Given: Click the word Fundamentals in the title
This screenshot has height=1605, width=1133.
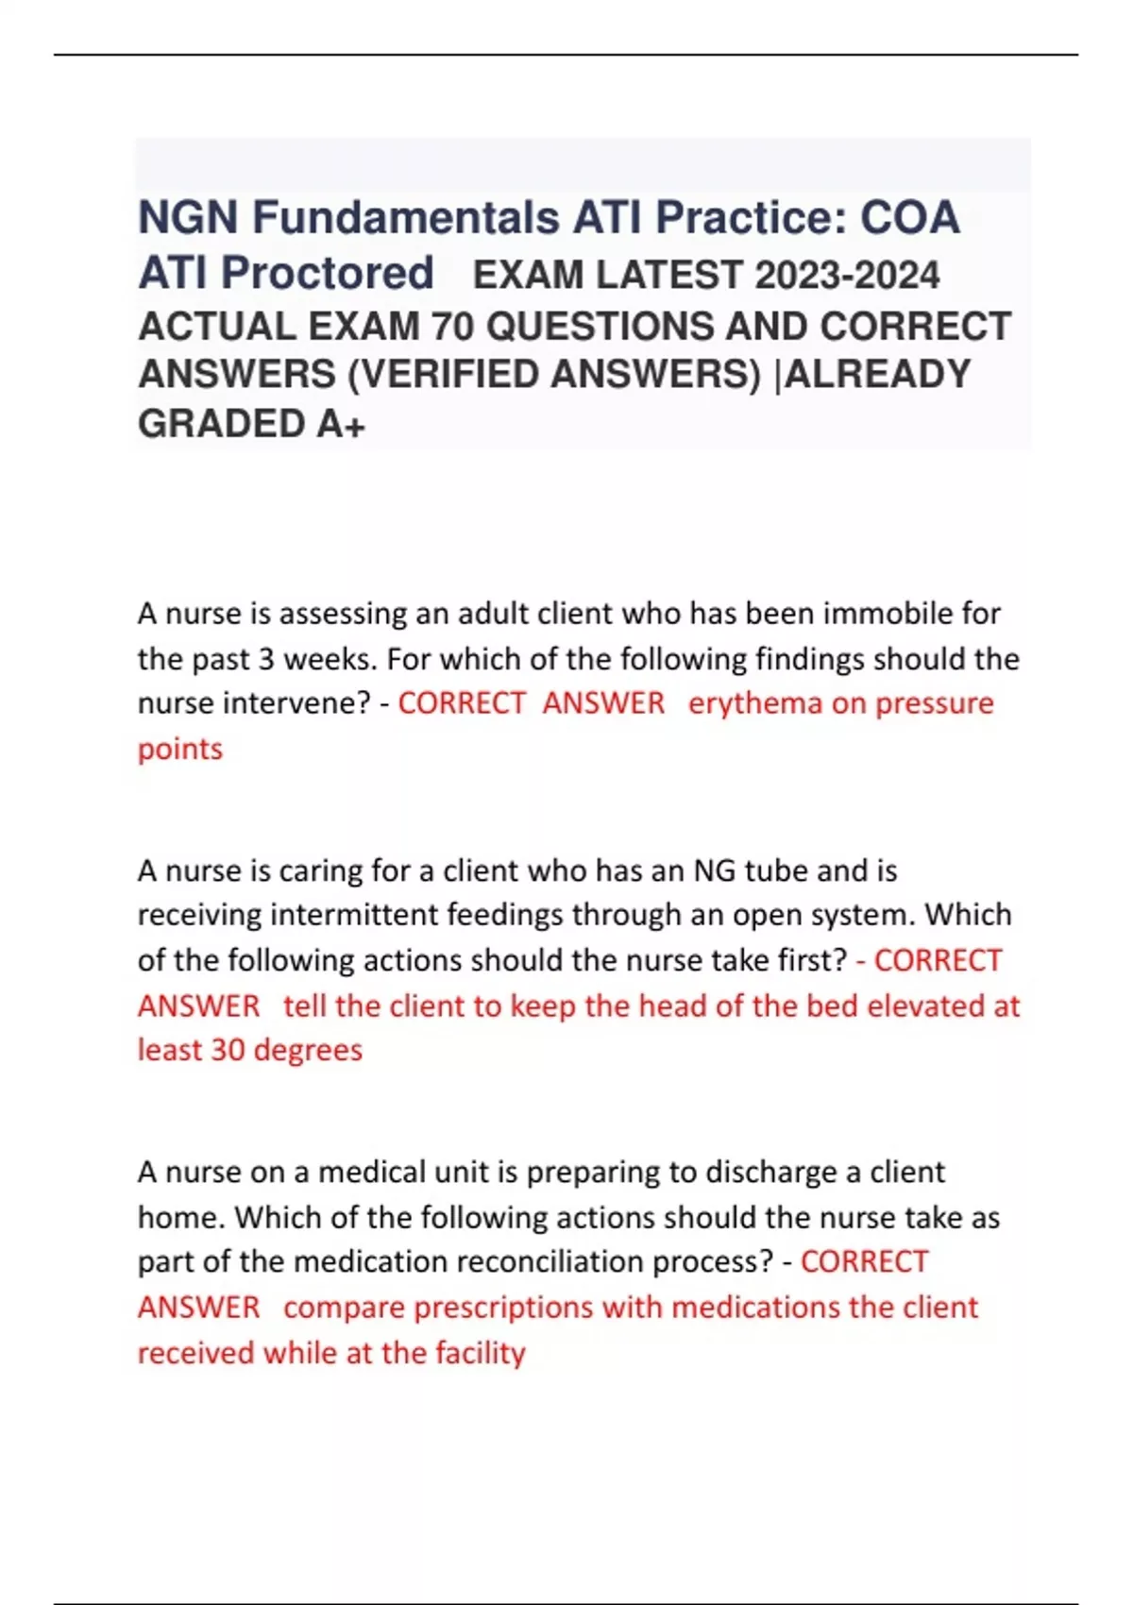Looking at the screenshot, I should coord(406,218).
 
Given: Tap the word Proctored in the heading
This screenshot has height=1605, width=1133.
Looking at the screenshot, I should coord(328,274).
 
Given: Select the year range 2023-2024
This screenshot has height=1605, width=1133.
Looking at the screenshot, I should coord(847,276).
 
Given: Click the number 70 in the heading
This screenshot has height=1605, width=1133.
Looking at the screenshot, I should coord(451,327).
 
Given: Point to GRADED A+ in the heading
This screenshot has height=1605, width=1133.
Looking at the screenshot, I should coord(251,424).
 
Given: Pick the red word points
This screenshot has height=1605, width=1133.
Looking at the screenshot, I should coord(180,749).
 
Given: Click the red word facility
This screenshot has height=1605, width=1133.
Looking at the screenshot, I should coord(480,1353).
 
